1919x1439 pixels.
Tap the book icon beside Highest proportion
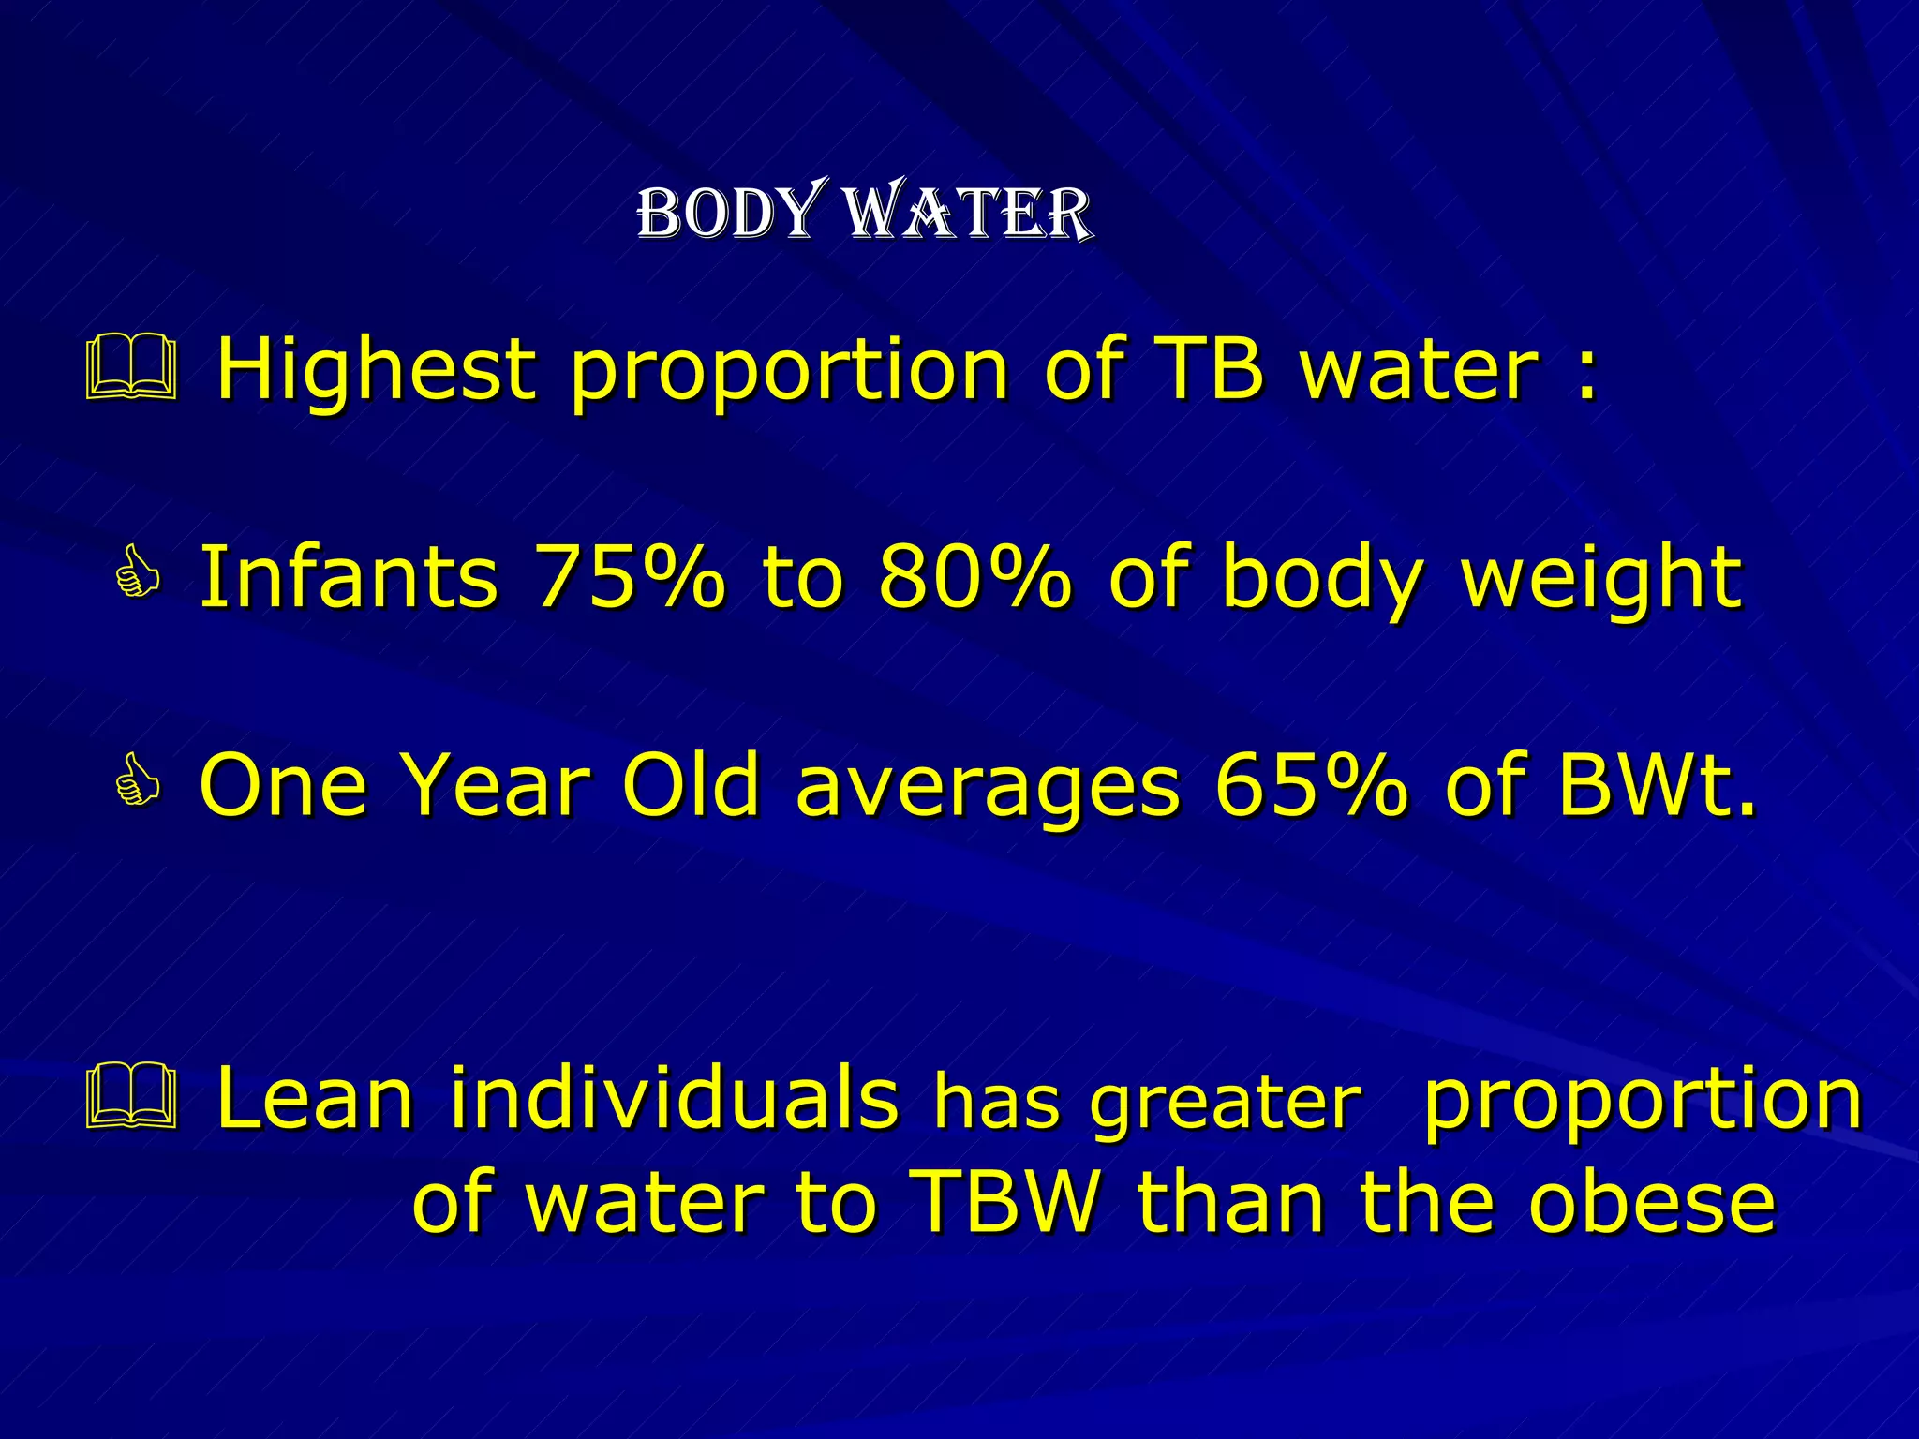(x=131, y=371)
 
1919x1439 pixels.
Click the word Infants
(x=349, y=577)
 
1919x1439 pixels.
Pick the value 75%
(x=629, y=577)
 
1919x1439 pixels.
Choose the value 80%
(x=974, y=577)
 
